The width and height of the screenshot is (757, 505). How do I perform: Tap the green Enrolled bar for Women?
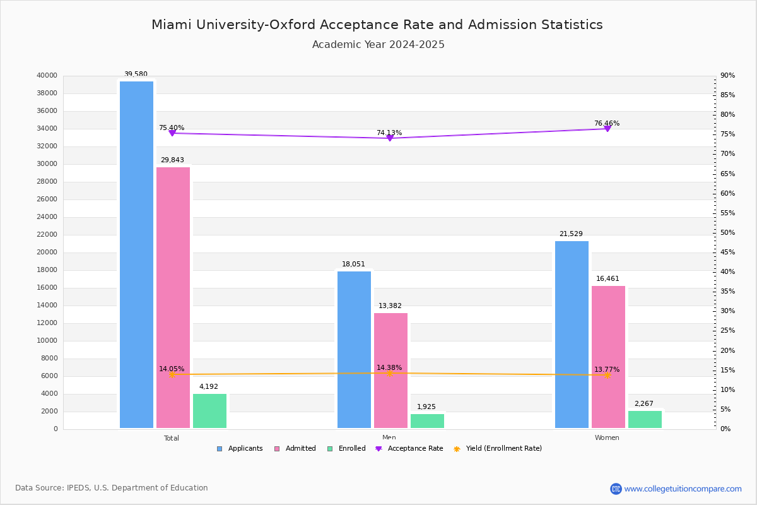point(645,419)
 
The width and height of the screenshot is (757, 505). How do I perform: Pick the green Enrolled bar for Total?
point(209,411)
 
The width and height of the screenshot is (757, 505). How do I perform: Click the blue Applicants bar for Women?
point(572,335)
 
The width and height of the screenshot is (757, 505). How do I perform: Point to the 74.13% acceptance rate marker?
point(389,138)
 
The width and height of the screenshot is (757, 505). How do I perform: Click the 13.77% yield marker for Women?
point(607,375)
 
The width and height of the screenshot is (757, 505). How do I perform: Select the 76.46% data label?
point(607,124)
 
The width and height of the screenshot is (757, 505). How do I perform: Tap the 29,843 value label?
point(172,160)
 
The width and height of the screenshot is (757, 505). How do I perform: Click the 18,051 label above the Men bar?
point(353,264)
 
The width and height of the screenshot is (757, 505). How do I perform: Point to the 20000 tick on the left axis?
point(48,252)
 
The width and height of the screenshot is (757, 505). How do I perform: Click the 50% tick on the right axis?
point(728,233)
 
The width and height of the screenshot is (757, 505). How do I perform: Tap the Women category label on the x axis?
point(607,438)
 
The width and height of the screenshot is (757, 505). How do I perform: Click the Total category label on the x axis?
point(172,438)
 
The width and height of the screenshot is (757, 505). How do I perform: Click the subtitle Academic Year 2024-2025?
point(378,45)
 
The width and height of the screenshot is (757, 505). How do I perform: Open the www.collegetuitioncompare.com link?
point(683,489)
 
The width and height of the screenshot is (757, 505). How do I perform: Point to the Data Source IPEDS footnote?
point(112,488)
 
